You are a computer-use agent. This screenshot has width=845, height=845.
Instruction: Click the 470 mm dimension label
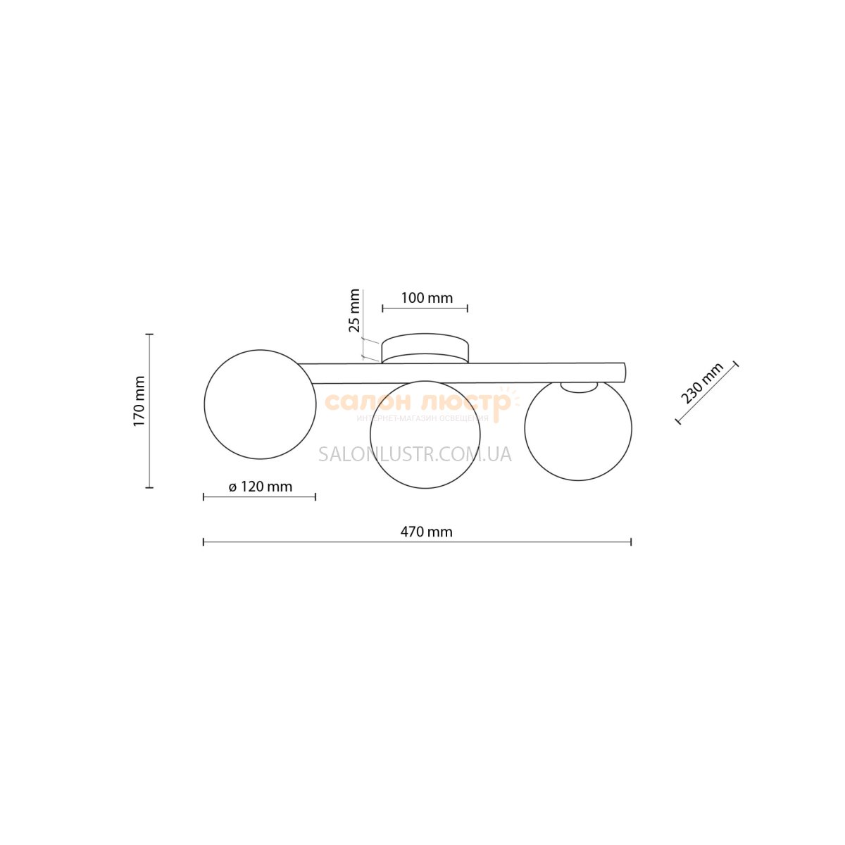426,532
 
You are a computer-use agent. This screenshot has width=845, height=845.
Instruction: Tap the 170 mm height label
139,401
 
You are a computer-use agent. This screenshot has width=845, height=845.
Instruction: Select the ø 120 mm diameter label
260,487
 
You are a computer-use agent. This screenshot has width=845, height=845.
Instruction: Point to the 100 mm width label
426,298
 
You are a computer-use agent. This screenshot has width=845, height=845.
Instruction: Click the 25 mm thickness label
354,311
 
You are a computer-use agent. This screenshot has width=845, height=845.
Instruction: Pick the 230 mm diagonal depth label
702,384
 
